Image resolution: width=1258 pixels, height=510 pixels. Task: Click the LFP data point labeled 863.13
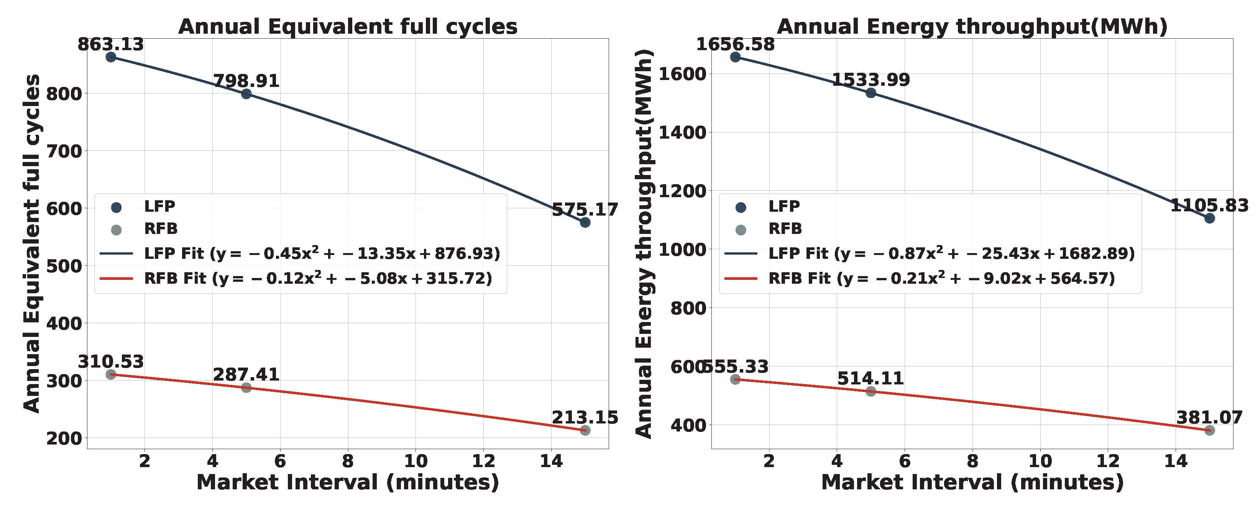pyautogui.click(x=111, y=57)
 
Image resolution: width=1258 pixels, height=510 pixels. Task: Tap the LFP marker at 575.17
pyautogui.click(x=585, y=222)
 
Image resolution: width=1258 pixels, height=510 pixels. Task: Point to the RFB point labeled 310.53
pyautogui.click(x=111, y=374)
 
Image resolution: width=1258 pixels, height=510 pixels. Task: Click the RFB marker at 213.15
pyautogui.click(x=585, y=430)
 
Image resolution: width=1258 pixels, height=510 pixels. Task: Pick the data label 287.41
pyautogui.click(x=246, y=375)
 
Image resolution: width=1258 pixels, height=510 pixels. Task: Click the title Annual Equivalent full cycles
pyautogui.click(x=348, y=26)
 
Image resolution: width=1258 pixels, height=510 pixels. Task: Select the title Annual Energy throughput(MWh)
pyautogui.click(x=972, y=26)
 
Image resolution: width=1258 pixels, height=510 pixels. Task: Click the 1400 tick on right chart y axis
pyautogui.click(x=683, y=132)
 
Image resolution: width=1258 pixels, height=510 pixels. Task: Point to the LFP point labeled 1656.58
pyautogui.click(x=736, y=57)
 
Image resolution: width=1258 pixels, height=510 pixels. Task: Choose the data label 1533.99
pyautogui.click(x=871, y=80)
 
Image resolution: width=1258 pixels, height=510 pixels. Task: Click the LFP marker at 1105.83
pyautogui.click(x=1210, y=218)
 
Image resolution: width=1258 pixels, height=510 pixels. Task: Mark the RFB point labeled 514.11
pyautogui.click(x=871, y=391)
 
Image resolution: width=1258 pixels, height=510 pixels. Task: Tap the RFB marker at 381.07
pyautogui.click(x=1210, y=430)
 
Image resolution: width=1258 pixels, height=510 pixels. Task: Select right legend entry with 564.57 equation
pyautogui.click(x=941, y=279)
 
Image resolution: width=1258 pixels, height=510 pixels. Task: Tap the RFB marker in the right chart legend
pyautogui.click(x=741, y=230)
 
